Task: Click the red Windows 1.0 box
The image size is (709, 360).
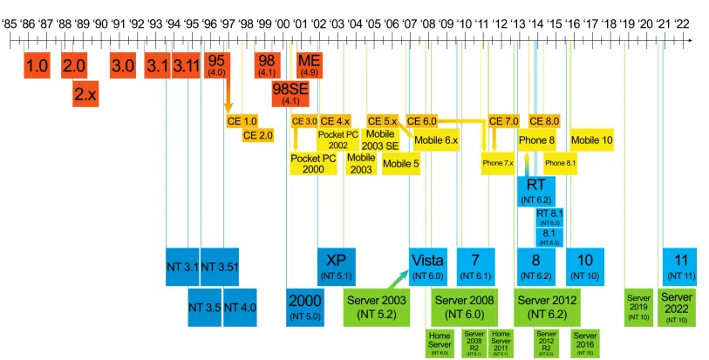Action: tap(37, 65)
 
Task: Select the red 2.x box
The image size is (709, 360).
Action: tap(85, 93)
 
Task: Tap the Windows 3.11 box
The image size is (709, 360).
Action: tap(185, 65)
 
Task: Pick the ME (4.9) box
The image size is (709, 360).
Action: tap(309, 65)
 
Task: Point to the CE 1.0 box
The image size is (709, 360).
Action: tap(242, 121)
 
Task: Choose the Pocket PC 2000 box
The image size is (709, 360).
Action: tap(313, 163)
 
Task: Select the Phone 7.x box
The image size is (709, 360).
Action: tap(498, 163)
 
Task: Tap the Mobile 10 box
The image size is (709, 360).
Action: tap(591, 139)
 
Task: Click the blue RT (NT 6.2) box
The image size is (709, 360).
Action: tap(536, 191)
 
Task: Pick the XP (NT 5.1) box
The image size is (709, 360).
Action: tap(336, 266)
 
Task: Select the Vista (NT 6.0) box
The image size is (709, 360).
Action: tap(427, 266)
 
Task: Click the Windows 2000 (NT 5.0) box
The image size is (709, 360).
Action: tap(304, 307)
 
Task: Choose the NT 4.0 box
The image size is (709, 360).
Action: tap(240, 307)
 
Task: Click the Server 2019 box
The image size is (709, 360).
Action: tap(638, 307)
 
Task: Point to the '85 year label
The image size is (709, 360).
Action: tap(10, 24)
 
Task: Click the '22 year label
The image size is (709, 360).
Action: tap(681, 24)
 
